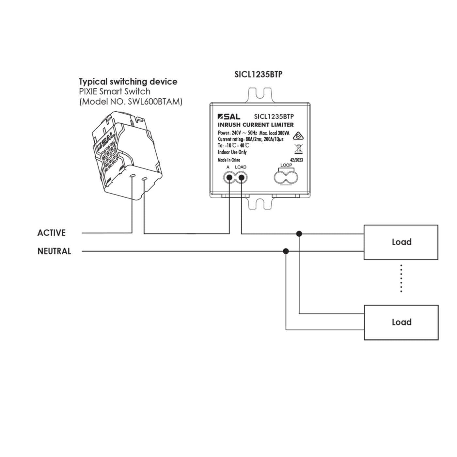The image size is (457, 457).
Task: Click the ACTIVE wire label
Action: coord(52,233)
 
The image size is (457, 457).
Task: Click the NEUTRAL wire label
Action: coord(54,251)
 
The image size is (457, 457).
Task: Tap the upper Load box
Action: coord(401,242)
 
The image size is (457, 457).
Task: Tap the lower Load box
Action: coord(401,322)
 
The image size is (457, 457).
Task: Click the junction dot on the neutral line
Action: coord(286,251)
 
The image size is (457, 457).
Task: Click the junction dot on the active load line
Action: coord(299,233)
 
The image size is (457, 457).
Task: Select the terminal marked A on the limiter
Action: coord(229,178)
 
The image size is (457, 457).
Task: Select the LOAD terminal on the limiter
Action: coord(241,178)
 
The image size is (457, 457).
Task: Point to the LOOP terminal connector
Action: coord(286,178)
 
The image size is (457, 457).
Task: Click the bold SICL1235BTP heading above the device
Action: coord(258,74)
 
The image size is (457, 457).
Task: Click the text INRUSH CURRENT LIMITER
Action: coord(256,125)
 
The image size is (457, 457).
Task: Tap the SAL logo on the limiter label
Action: coord(229,117)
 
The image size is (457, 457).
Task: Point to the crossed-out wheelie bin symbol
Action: coord(297,149)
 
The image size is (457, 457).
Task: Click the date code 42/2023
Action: coord(296,160)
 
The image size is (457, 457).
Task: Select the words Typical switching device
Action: coord(128,82)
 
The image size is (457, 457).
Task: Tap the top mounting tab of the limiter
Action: coord(260,94)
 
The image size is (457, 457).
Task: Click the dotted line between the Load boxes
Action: coord(401,278)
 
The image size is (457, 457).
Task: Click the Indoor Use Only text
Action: coord(232,152)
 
